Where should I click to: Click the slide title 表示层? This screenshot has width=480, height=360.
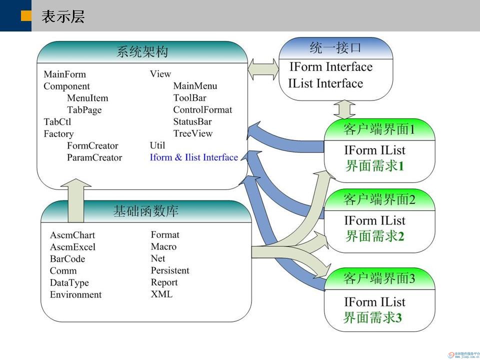point(63,16)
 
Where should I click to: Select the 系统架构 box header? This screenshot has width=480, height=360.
point(142,52)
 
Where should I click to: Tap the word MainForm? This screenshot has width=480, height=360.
point(64,74)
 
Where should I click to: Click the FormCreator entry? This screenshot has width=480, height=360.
point(92,145)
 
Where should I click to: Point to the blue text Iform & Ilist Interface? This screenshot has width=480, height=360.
point(193,157)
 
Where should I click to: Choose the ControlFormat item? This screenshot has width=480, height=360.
point(202,109)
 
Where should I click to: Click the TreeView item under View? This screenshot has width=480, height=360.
point(192,133)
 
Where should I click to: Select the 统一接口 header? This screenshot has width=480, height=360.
point(335,48)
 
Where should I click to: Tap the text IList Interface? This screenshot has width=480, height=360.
point(325,83)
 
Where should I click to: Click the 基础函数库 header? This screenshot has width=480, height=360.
point(145,211)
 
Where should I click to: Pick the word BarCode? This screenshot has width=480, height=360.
point(67,259)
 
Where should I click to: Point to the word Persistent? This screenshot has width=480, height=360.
point(170,270)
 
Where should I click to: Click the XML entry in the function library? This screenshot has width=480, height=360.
point(161,294)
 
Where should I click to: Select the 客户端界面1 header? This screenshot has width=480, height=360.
point(379,130)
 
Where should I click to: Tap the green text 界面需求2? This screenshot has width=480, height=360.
point(374,236)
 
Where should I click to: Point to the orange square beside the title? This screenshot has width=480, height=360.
point(26,16)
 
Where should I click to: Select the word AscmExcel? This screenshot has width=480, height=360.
point(72,247)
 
